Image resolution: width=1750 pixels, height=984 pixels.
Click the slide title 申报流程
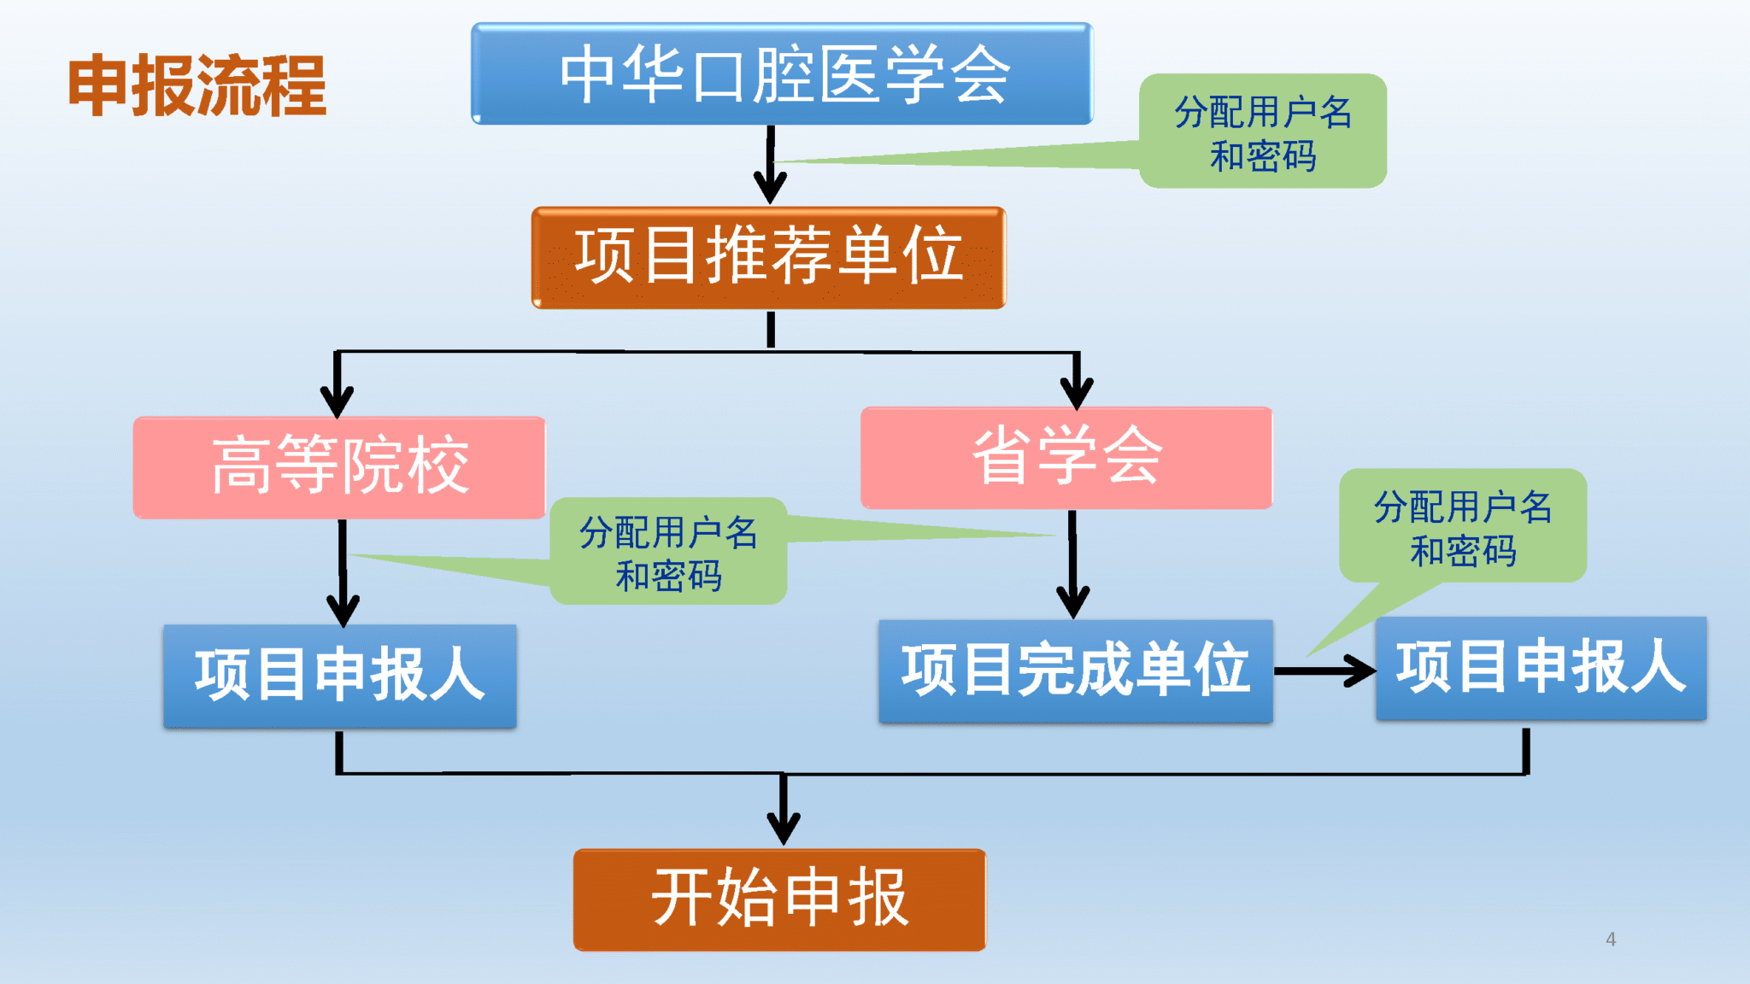[x=197, y=85]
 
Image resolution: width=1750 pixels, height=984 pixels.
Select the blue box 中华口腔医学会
[x=782, y=74]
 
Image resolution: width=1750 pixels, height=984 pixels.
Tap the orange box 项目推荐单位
[x=768, y=257]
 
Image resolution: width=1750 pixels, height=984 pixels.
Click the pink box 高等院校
[x=339, y=467]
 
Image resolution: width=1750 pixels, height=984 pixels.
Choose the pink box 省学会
[x=1066, y=458]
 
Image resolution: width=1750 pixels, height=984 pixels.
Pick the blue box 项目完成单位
[x=1075, y=671]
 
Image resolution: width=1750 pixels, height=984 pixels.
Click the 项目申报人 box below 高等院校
[x=339, y=676]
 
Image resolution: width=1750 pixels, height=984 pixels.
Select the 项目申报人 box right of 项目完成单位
[x=1541, y=668]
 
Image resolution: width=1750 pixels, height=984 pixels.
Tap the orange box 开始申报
[x=779, y=899]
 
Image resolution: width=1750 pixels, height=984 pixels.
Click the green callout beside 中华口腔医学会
[x=1262, y=132]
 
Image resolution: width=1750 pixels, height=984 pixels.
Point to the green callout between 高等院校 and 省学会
[x=668, y=552]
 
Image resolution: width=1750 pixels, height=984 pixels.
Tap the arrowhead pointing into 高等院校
[x=338, y=400]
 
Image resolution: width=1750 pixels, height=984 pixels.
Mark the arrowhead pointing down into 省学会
[x=1077, y=393]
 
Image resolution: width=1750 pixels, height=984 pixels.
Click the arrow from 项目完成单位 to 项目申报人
[x=1324, y=671]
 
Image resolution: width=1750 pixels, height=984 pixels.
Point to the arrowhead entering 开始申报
[x=783, y=827]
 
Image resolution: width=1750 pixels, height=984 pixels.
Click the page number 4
[x=1611, y=940]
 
